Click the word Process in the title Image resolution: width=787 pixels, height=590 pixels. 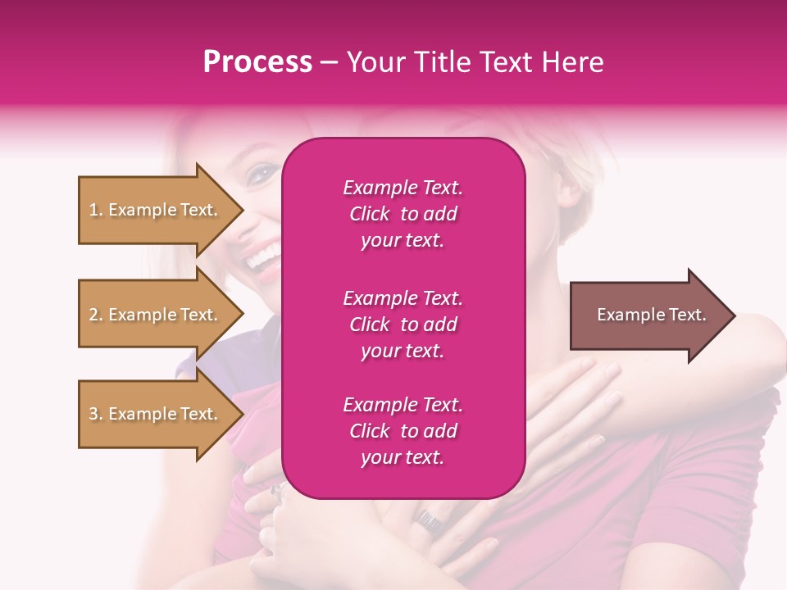click(x=257, y=61)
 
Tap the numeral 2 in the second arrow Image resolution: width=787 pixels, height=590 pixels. click(x=93, y=315)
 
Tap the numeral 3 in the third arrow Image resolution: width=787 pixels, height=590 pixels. click(x=93, y=415)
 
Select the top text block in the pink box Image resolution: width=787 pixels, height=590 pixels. click(x=403, y=214)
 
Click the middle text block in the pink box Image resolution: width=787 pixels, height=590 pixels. click(x=403, y=324)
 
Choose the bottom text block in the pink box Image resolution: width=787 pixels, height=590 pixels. click(x=403, y=431)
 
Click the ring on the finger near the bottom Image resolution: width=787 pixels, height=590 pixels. click(x=428, y=518)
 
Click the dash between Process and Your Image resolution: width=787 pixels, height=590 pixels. click(x=330, y=63)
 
